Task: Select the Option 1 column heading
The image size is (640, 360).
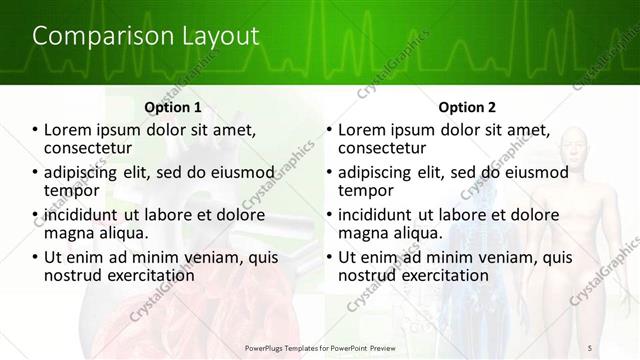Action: click(173, 107)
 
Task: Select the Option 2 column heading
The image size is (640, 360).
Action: click(467, 107)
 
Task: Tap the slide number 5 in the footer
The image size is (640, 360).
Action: click(590, 347)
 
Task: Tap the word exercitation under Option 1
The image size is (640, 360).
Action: click(146, 275)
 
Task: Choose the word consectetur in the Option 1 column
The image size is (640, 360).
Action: click(88, 149)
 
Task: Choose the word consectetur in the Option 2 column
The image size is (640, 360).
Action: click(382, 149)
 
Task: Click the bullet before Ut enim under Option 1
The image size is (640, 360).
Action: click(35, 257)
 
